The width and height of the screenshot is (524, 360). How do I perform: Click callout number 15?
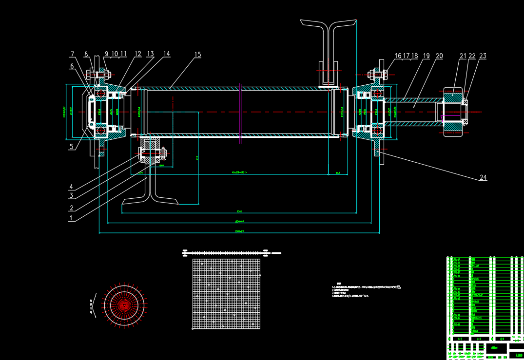(197, 55)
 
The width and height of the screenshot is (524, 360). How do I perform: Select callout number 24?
(483, 178)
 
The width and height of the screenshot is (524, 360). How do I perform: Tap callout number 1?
(71, 218)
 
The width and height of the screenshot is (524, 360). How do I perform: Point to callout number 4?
(71, 187)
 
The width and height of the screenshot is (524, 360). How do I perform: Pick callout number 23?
(483, 56)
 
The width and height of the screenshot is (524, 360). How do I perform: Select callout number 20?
(439, 56)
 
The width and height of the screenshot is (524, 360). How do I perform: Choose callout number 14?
(166, 54)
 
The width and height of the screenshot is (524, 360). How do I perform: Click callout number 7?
(72, 54)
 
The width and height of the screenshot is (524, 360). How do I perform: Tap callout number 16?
(398, 56)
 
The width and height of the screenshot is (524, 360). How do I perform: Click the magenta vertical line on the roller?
(240, 113)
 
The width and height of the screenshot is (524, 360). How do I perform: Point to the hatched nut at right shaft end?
(453, 112)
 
